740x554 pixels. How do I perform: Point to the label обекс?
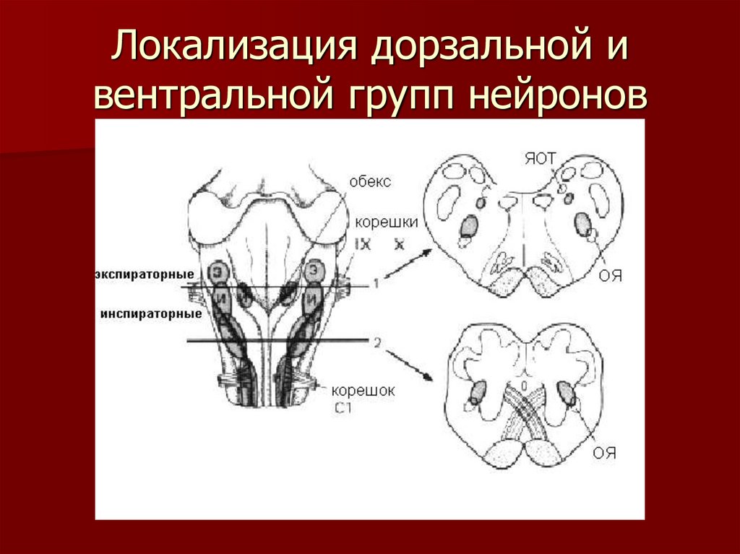click(370, 182)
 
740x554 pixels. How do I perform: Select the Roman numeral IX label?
click(363, 245)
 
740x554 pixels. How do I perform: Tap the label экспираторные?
click(144, 275)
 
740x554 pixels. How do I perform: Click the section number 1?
click(375, 285)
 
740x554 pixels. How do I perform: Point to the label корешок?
click(363, 391)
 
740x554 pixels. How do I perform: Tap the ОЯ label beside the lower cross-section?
click(604, 454)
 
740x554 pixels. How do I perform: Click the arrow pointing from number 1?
click(407, 265)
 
